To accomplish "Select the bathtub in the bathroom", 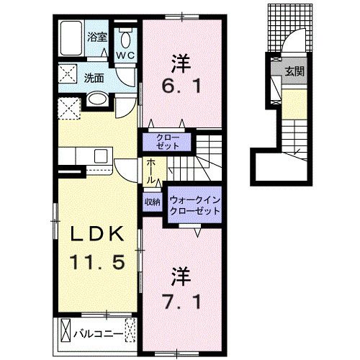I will click(x=71, y=40).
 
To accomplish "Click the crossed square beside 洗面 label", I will click(x=70, y=75).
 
